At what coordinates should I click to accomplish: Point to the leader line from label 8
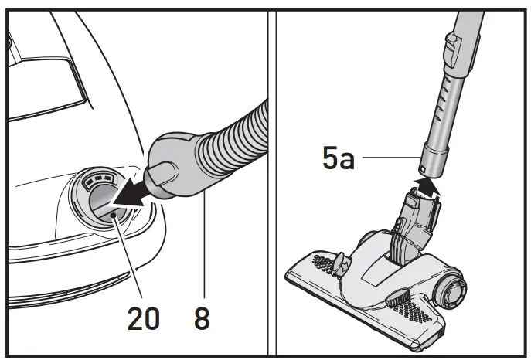[204, 247]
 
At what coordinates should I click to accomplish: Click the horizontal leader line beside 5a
[390, 158]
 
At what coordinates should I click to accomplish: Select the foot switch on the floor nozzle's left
[342, 263]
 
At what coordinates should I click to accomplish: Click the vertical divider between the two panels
[271, 180]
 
